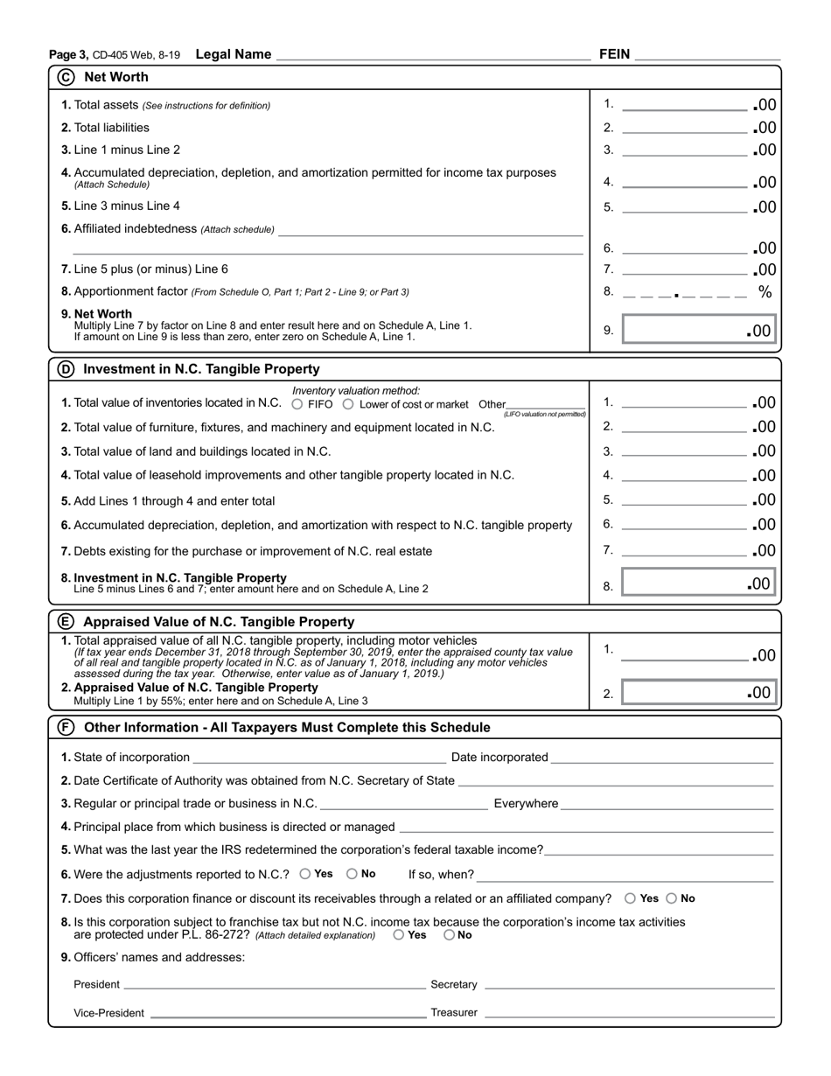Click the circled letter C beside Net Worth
pyautogui.click(x=66, y=77)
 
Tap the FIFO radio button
pyautogui.click(x=297, y=404)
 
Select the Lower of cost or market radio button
pyautogui.click(x=348, y=404)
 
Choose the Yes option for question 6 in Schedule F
pyautogui.click(x=305, y=873)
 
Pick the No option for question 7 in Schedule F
pyautogui.click(x=672, y=898)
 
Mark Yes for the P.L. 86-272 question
pyautogui.click(x=399, y=934)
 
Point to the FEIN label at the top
pyautogui.click(x=614, y=54)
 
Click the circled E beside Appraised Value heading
pyautogui.click(x=66, y=622)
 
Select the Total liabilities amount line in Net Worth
pyautogui.click(x=685, y=129)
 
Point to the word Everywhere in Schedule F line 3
pyautogui.click(x=526, y=804)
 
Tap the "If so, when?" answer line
pyautogui.click(x=625, y=875)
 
